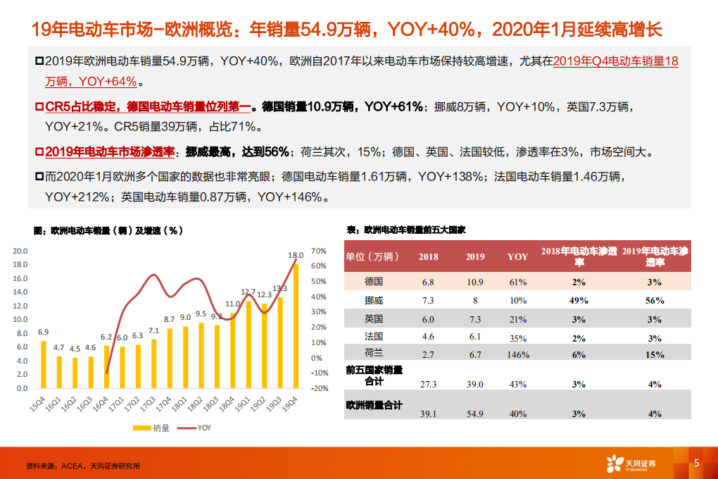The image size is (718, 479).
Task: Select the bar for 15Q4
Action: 44,364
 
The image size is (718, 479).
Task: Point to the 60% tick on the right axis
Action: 319,266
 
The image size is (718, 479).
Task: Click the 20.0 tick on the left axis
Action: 20,251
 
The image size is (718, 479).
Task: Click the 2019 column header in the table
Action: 475,256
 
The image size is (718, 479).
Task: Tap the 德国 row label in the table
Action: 374,281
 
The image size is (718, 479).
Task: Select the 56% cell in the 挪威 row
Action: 655,301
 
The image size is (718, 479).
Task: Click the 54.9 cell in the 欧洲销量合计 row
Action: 475,413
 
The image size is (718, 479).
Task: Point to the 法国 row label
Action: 374,337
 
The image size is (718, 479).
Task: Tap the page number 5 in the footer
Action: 696,463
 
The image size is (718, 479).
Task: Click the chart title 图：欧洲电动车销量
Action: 108,230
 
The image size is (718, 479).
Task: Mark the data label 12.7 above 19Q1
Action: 248,292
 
